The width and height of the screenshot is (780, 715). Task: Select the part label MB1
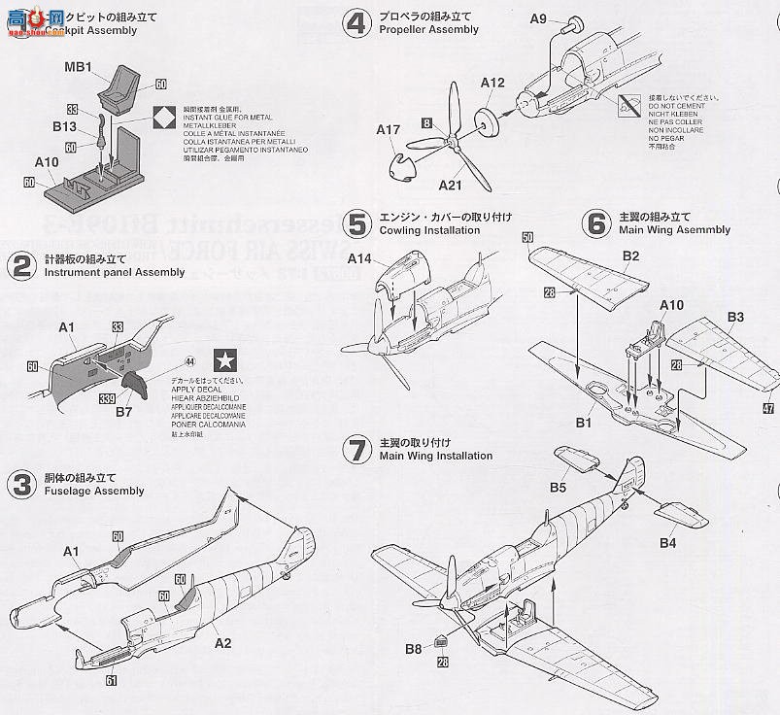78,67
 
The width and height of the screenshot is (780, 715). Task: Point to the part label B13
65,126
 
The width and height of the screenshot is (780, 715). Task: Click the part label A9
539,18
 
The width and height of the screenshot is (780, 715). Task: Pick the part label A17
390,128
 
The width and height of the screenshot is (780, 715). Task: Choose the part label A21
451,185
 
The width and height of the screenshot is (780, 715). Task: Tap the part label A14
361,260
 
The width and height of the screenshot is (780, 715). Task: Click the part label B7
123,413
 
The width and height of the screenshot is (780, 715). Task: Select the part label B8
414,648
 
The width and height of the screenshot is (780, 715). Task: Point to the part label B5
560,486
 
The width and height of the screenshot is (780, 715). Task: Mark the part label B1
584,423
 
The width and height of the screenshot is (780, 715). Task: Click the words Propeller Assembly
428,29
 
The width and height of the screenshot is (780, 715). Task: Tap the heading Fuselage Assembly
94,491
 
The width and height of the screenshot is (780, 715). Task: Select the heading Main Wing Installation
435,456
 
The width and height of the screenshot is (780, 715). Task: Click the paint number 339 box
106,397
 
